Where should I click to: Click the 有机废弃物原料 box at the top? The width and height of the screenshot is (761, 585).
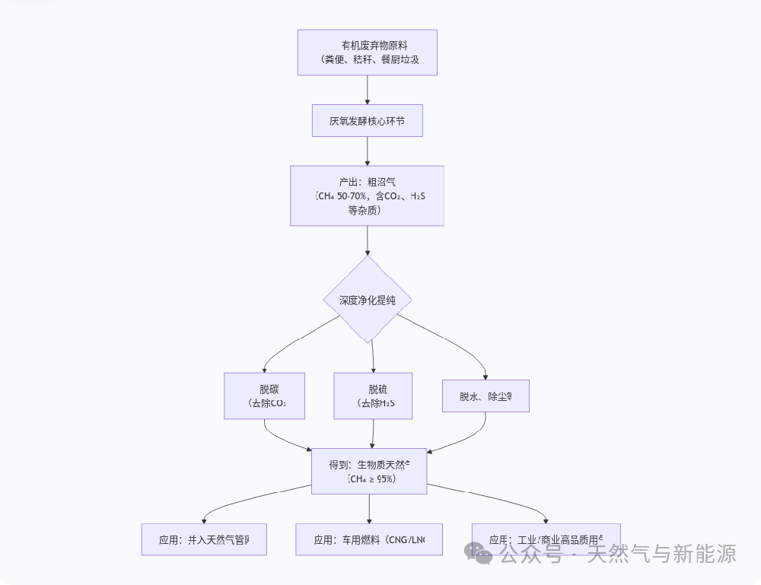[x=367, y=52]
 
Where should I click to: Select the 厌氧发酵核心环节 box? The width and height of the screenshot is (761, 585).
[x=367, y=120]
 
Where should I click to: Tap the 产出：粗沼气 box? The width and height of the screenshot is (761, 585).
[x=367, y=196]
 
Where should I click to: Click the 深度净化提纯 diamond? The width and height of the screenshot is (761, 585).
[x=368, y=300]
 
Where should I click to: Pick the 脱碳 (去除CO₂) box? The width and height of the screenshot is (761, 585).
[x=264, y=396]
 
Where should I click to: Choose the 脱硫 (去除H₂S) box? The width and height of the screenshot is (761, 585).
[x=373, y=396]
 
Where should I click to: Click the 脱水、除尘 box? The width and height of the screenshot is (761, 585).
[x=486, y=396]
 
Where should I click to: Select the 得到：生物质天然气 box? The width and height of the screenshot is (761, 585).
[x=369, y=472]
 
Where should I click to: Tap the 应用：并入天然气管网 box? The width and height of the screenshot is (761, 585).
[x=204, y=539]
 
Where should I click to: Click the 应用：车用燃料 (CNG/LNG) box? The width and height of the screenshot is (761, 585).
[x=369, y=539]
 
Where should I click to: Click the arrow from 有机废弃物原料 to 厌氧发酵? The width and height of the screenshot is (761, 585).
[x=368, y=90]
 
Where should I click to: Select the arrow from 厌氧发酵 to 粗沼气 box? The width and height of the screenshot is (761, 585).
[x=368, y=151]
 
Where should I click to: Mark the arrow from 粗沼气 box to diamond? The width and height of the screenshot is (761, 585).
[x=368, y=240]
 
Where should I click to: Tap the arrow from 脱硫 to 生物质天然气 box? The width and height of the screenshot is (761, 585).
[x=373, y=434]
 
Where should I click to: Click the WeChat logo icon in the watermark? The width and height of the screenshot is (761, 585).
[x=479, y=554]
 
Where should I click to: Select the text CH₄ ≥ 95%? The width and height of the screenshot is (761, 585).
[x=371, y=479]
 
